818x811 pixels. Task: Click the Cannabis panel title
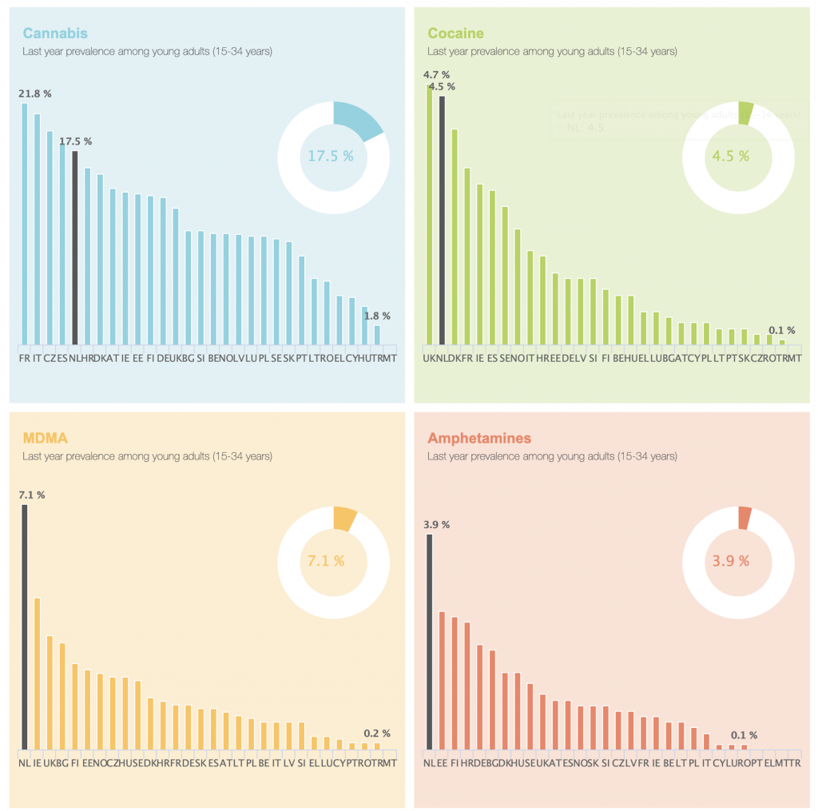pyautogui.click(x=55, y=34)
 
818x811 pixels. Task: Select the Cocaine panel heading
pyautogui.click(x=455, y=34)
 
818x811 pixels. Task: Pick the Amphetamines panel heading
pyautogui.click(x=479, y=438)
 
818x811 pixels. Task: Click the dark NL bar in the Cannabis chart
pyautogui.click(x=75, y=248)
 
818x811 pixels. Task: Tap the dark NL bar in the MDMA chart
pyautogui.click(x=24, y=627)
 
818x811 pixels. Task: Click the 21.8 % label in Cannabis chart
pyautogui.click(x=35, y=93)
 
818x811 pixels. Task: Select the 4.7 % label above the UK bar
pyautogui.click(x=436, y=75)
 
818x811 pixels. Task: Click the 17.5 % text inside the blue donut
pyautogui.click(x=331, y=156)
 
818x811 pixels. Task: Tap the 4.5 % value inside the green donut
pyautogui.click(x=731, y=156)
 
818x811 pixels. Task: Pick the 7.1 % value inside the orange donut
pyautogui.click(x=326, y=561)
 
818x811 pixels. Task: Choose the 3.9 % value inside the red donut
pyautogui.click(x=731, y=561)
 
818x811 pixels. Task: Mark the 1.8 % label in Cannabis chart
pyautogui.click(x=378, y=316)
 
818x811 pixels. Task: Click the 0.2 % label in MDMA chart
pyautogui.click(x=377, y=733)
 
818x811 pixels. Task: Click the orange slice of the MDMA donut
pyautogui.click(x=345, y=519)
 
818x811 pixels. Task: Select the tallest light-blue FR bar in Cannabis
pyautogui.click(x=24, y=224)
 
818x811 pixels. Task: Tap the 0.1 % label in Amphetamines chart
pyautogui.click(x=744, y=735)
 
